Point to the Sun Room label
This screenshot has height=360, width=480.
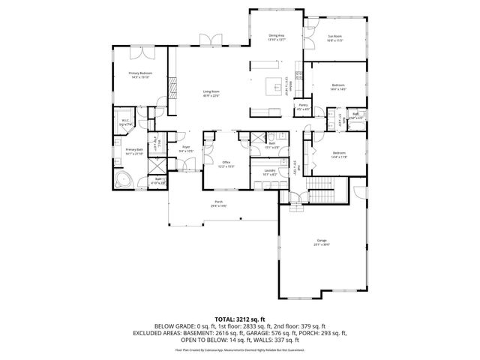(x=334, y=38)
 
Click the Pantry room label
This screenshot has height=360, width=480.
(x=303, y=107)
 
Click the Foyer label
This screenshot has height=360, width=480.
(x=185, y=150)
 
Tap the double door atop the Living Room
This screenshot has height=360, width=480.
(x=214, y=38)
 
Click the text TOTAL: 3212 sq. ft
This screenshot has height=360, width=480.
(x=239, y=319)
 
